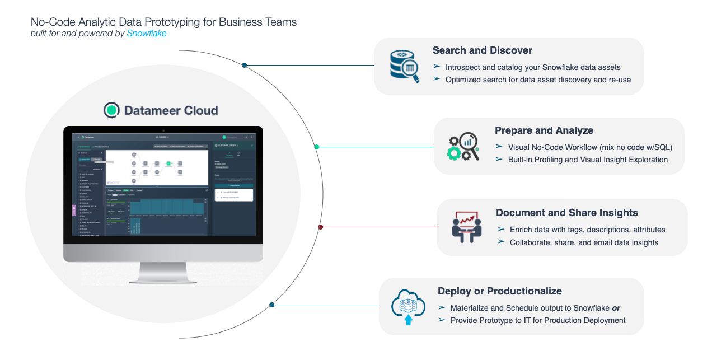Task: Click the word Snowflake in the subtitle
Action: pos(146,34)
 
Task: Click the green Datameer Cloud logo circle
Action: pos(112,110)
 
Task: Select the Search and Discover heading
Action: pos(482,50)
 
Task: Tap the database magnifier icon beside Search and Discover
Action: pos(404,66)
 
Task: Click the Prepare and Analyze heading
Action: pos(544,130)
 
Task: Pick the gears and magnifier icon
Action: pos(463,146)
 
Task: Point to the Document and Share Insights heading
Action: pos(566,213)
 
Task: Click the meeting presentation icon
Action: pos(466,227)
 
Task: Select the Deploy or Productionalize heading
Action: pos(499,291)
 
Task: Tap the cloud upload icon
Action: pos(408,307)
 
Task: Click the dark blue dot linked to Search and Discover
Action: pos(245,66)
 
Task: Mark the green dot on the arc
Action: pos(317,147)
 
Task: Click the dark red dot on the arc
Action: pos(320,227)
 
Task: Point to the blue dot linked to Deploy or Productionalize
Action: pos(271,305)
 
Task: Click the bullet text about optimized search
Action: pos(538,80)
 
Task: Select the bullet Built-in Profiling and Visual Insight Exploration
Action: pos(588,160)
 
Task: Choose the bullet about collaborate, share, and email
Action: pos(584,242)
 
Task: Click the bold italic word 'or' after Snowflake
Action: pos(616,308)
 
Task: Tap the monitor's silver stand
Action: pos(162,273)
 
